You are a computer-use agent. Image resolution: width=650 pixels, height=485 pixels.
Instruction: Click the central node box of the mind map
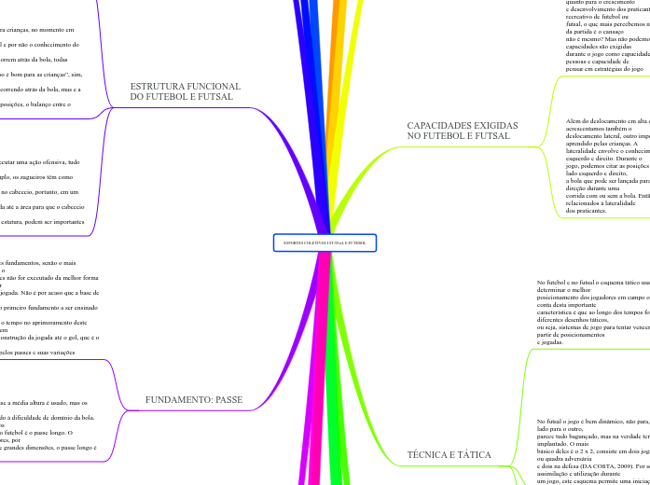(325, 242)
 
